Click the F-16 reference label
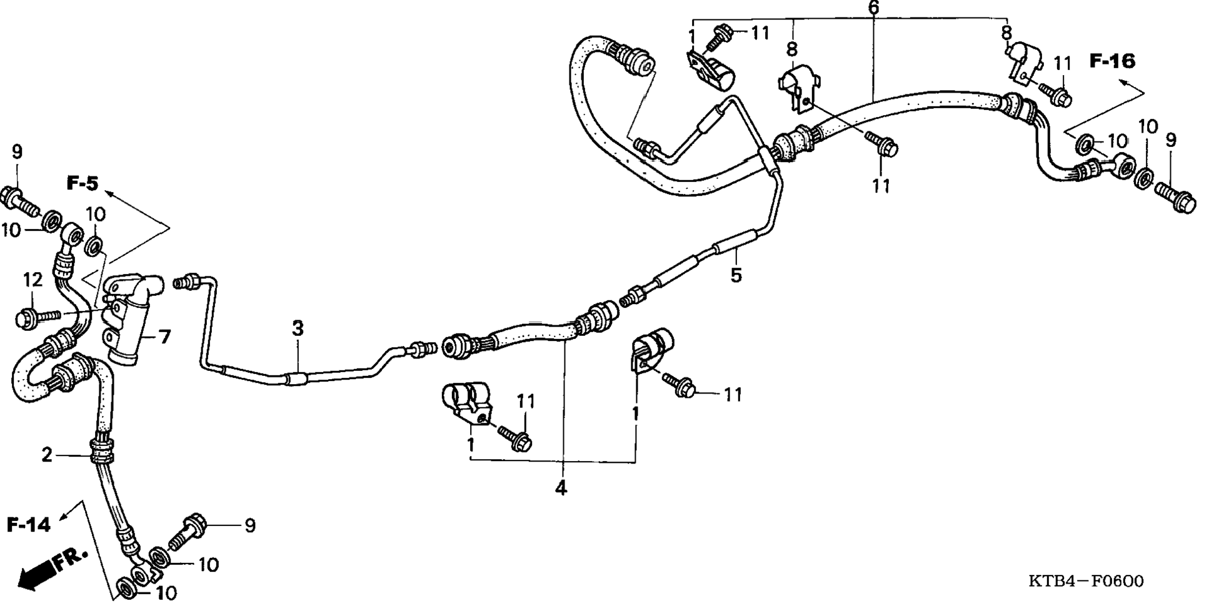[1112, 61]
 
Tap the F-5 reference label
[83, 183]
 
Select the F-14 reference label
[29, 524]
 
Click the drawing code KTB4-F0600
[1086, 582]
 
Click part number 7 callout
[164, 338]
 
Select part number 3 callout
[298, 328]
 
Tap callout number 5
[736, 275]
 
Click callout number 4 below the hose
[561, 488]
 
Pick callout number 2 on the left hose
[47, 455]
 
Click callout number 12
[33, 280]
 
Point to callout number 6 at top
[873, 8]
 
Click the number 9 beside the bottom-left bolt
[249, 526]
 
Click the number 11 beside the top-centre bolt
[760, 33]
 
